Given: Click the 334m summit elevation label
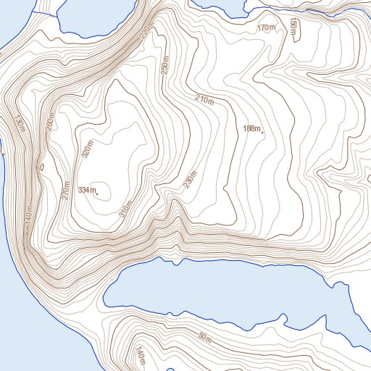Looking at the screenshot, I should point(86,190).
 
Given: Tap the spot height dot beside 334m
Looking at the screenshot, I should point(97,193).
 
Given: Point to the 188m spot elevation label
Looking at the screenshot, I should point(251,128).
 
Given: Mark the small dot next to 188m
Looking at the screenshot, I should point(262,132).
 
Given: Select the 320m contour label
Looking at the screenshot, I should point(88,149).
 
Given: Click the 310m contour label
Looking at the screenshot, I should point(127,207).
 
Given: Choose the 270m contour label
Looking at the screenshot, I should point(67,191).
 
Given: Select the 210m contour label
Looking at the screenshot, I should point(205,99).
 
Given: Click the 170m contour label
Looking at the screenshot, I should point(267,28).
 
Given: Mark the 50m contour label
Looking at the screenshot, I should point(205,338).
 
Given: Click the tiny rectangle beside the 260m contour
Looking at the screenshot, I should point(42,165).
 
